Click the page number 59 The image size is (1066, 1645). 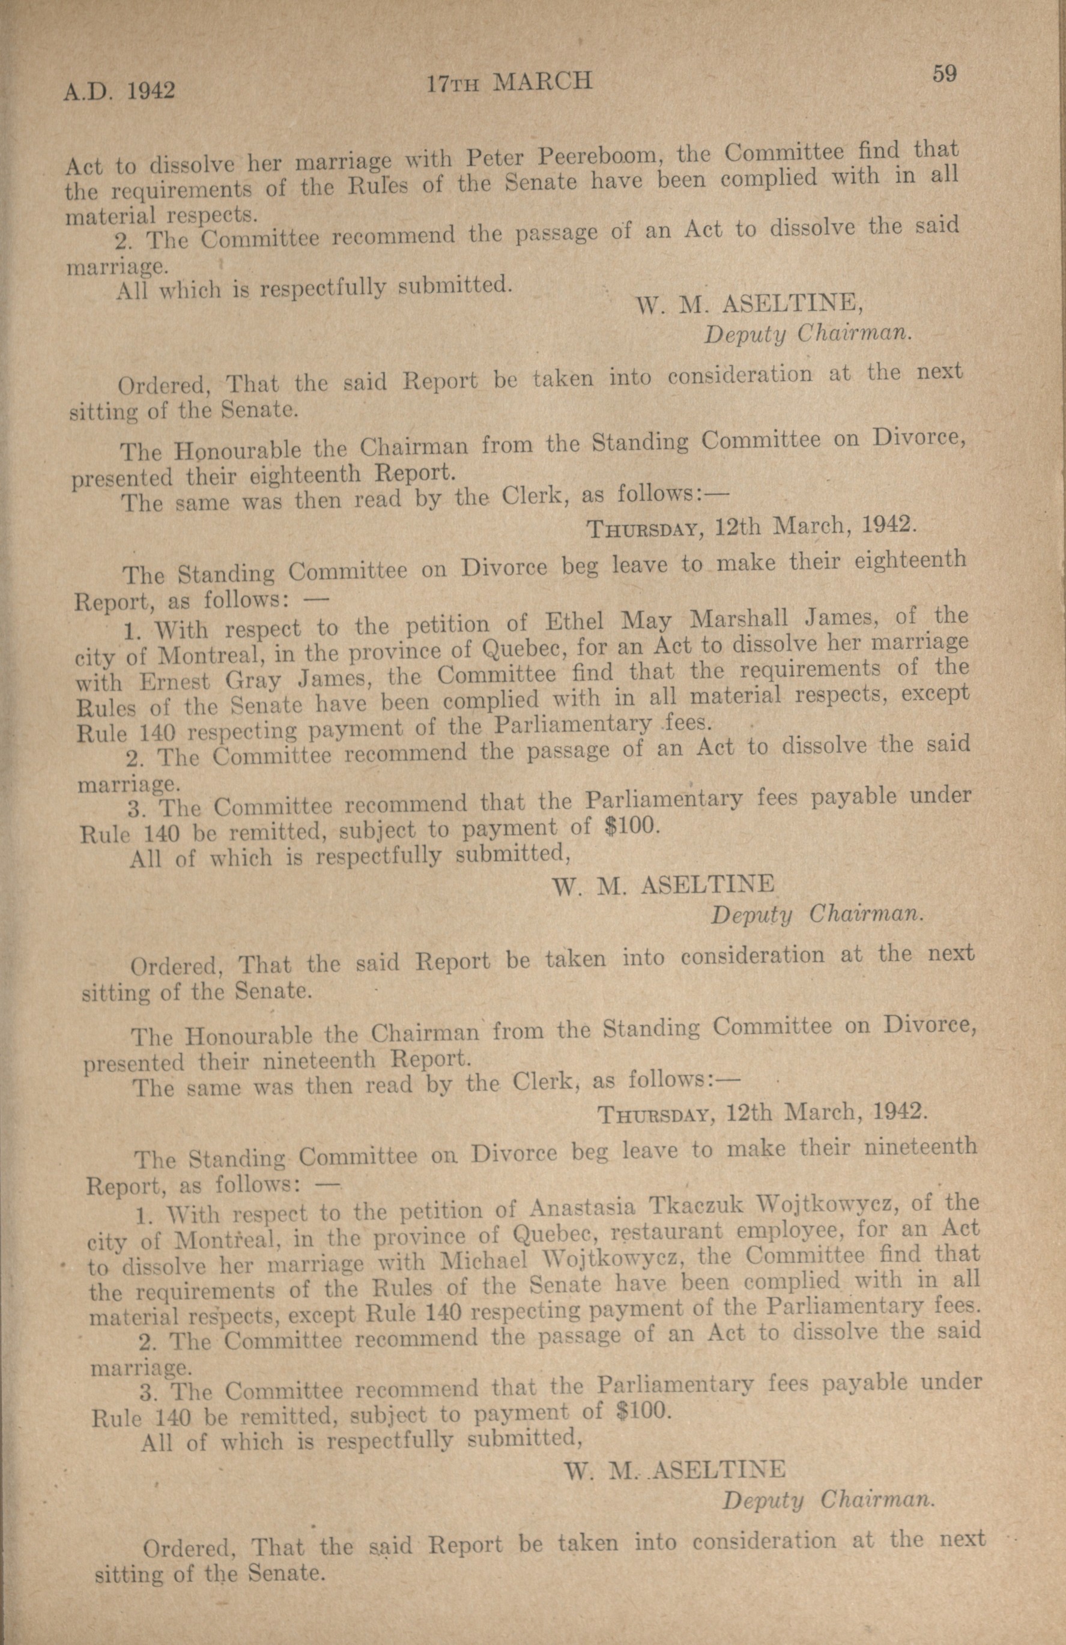point(943,73)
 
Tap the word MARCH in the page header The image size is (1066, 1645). point(545,82)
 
